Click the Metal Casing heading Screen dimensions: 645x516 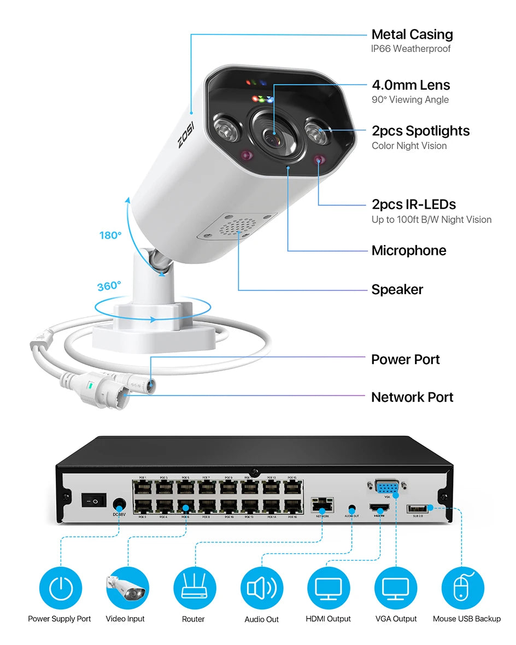[412, 34]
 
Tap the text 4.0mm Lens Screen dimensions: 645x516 [411, 85]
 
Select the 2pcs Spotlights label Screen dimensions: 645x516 [420, 131]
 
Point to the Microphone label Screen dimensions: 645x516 [408, 250]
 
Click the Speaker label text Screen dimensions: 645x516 [397, 289]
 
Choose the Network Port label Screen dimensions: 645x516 [412, 397]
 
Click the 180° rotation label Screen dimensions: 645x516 [110, 236]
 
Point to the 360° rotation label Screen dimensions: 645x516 [109, 286]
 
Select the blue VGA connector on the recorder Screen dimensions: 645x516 [387, 486]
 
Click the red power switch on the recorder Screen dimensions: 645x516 [93, 500]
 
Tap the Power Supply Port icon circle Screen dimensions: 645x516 [60, 588]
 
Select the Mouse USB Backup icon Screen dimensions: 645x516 [462, 588]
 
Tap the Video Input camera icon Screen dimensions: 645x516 [127, 588]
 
